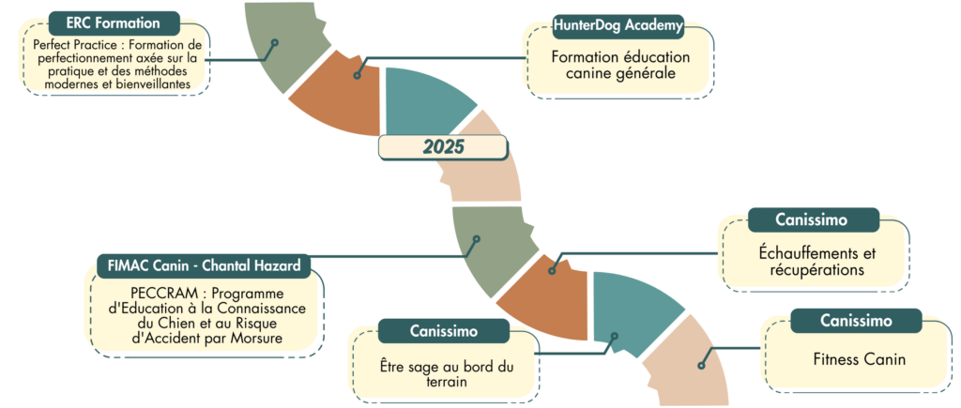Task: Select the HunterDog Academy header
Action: pyautogui.click(x=618, y=25)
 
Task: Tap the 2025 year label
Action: pyautogui.click(x=443, y=147)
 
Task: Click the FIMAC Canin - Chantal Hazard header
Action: pyautogui.click(x=204, y=266)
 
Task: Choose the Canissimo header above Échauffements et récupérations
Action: pyautogui.click(x=813, y=219)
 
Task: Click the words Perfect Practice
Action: pyautogui.click(x=71, y=45)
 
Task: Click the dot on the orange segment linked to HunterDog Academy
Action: pyautogui.click(x=357, y=74)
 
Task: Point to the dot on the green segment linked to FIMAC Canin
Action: pyautogui.click(x=477, y=240)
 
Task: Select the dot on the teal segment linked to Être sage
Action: pyautogui.click(x=615, y=335)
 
